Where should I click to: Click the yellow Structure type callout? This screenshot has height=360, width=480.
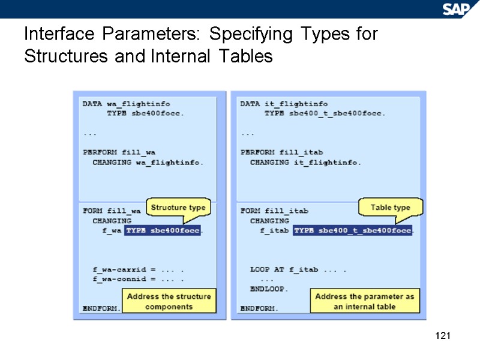[178, 208]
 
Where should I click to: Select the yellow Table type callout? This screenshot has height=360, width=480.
[390, 208]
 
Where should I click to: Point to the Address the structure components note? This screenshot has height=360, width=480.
[169, 301]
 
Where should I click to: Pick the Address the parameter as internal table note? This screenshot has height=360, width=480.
[364, 301]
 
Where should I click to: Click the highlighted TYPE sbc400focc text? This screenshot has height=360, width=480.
[163, 230]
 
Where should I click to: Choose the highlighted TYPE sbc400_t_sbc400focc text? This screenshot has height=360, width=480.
[352, 230]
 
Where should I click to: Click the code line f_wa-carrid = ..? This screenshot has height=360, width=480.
[137, 269]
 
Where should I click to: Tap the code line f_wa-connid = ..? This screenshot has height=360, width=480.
[137, 279]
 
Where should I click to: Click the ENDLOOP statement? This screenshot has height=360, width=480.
[269, 289]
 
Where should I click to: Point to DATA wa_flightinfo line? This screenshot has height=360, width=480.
[120, 104]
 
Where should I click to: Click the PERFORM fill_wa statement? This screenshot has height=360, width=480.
[119, 152]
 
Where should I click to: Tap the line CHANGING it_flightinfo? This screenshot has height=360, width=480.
[305, 162]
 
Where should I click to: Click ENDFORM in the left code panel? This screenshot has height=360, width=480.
[101, 308]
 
